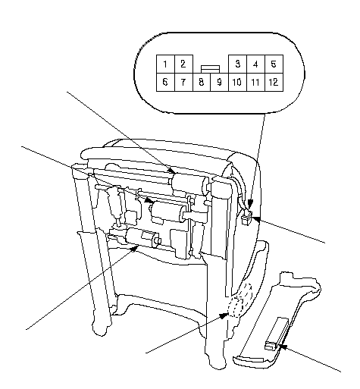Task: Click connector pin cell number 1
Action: click(x=165, y=64)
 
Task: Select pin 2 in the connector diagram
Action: click(x=183, y=64)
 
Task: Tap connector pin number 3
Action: click(x=237, y=64)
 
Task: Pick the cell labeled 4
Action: click(x=255, y=64)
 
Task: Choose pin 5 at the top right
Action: click(x=274, y=64)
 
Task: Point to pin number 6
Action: click(x=165, y=82)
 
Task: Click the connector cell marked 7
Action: click(x=183, y=82)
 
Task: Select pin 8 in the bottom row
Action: click(x=202, y=82)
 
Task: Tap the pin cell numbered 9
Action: click(x=220, y=82)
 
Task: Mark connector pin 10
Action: click(x=237, y=82)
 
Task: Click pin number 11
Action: click(x=255, y=82)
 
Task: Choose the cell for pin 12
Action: click(x=274, y=82)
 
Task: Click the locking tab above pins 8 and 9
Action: click(x=211, y=70)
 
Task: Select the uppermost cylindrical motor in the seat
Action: click(x=189, y=185)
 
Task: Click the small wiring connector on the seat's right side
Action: click(x=247, y=218)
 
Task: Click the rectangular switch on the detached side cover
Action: click(x=276, y=334)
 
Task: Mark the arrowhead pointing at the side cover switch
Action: click(x=285, y=347)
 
